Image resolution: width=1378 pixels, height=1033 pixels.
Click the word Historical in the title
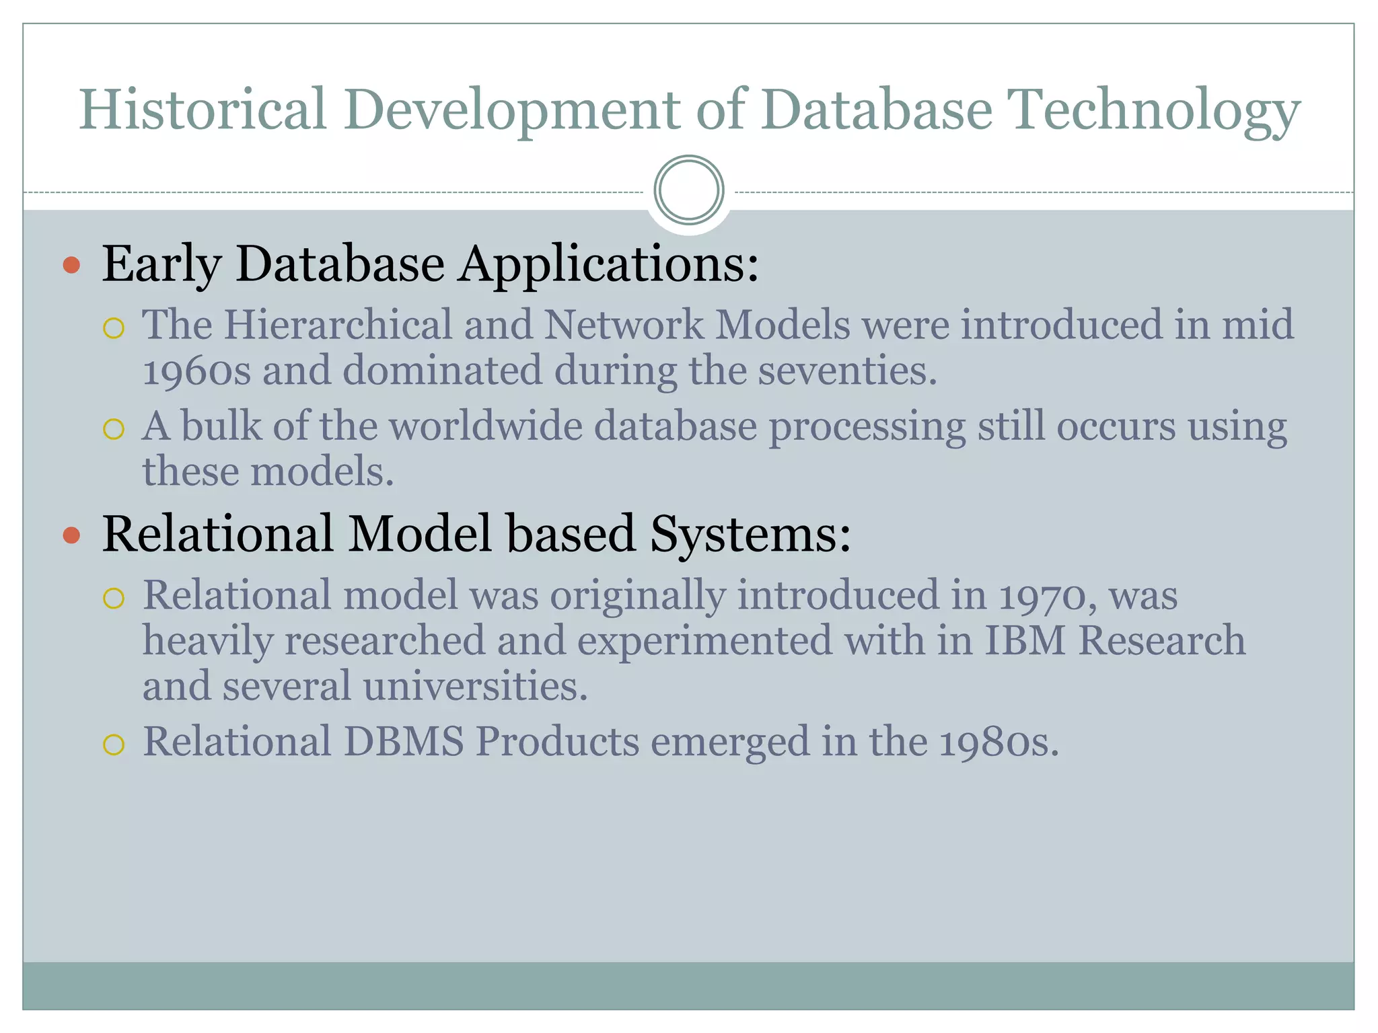(203, 109)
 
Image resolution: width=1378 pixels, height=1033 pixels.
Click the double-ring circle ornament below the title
(689, 190)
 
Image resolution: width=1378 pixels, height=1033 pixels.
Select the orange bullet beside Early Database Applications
(71, 265)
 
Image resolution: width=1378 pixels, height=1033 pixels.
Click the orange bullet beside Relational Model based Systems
(71, 535)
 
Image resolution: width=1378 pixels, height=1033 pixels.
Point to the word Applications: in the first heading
(608, 264)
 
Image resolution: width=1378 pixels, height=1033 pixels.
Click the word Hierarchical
(338, 325)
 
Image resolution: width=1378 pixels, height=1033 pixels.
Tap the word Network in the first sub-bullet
(623, 325)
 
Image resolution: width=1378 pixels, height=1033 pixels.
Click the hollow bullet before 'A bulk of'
(114, 429)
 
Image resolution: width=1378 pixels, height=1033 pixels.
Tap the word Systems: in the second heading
(750, 534)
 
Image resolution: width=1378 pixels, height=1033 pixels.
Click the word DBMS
(404, 742)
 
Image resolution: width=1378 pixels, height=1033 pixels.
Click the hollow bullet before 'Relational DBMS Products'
(114, 744)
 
